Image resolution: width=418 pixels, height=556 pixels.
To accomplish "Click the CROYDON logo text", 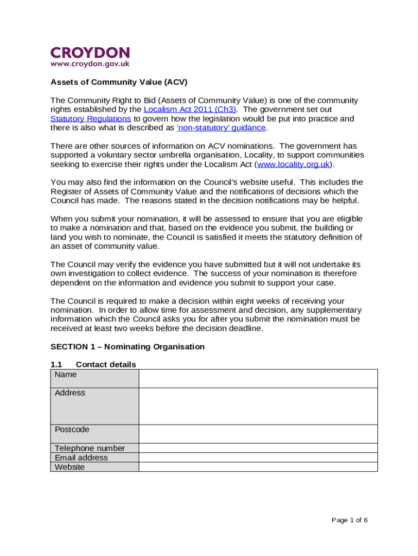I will coord(90,53).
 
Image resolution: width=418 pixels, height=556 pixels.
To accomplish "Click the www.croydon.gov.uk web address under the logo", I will coord(90,64).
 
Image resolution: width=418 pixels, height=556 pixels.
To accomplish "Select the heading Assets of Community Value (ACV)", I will coord(119,83).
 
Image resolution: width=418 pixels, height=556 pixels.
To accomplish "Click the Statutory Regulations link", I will coord(91,119).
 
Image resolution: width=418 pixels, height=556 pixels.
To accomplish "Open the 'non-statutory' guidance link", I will coord(222,128).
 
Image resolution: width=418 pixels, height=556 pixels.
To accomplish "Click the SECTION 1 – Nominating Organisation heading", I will coord(128,346).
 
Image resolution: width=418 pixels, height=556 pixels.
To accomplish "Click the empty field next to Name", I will coord(258,378).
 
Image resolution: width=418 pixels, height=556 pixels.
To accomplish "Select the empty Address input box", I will coord(258,406).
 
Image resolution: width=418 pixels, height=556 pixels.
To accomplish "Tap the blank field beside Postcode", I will coord(258,434).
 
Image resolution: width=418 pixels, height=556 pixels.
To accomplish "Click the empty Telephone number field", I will coord(258,448).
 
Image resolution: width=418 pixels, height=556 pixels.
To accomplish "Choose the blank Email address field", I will coord(258,458).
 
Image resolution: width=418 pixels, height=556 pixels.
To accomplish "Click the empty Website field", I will coord(258,467).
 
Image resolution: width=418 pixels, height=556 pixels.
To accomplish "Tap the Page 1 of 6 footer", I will coord(350,520).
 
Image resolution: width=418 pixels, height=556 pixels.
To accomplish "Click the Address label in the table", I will coord(70,393).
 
